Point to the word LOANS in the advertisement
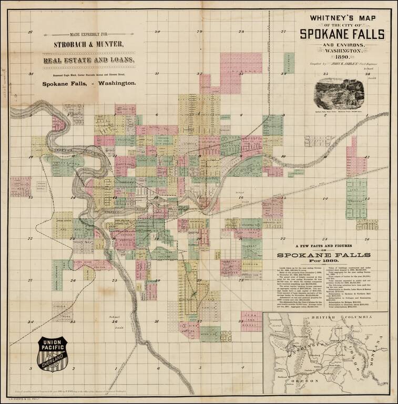point(120,60)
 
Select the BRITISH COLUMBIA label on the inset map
point(326,319)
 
